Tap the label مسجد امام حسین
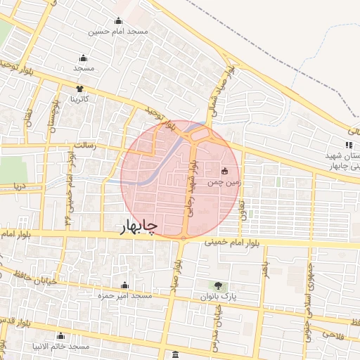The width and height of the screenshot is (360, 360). pos(118,32)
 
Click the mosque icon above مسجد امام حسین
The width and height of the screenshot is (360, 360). pos(118,20)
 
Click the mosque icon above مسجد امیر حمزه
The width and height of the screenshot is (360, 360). pos(125,285)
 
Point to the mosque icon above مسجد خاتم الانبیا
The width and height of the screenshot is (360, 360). pos(60,335)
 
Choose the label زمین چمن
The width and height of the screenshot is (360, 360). pos(219,182)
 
